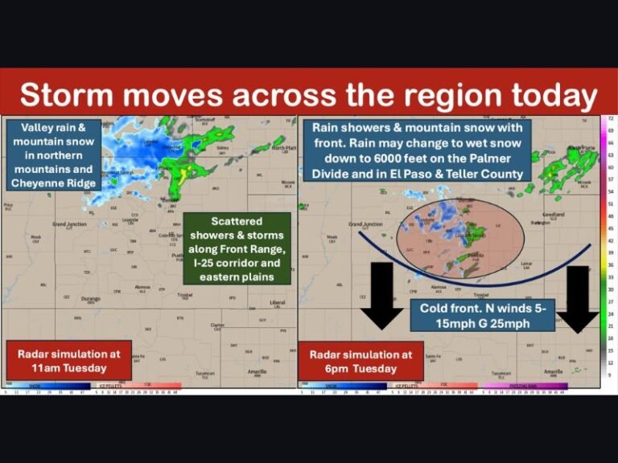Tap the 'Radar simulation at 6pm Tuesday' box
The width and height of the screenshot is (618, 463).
(x=360, y=360)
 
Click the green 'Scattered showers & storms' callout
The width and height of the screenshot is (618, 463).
(x=236, y=248)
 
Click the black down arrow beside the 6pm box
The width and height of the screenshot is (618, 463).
(x=381, y=295)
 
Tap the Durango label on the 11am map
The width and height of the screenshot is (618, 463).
(x=90, y=298)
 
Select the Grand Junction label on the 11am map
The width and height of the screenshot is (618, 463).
(x=70, y=223)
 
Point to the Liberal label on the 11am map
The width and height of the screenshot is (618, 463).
(x=277, y=303)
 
